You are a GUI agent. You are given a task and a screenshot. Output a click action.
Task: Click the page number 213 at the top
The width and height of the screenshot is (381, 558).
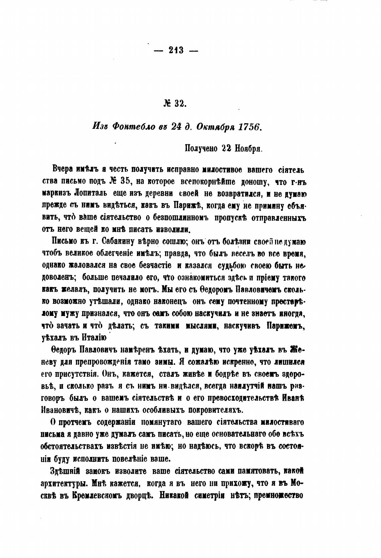tap(176, 50)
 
